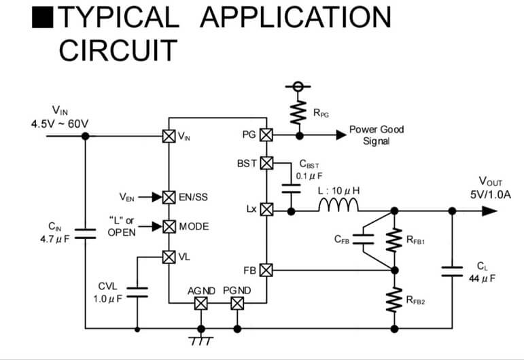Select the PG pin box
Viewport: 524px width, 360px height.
[x=266, y=135]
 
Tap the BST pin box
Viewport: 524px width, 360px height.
[x=266, y=163]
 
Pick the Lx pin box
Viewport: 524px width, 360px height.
[x=266, y=210]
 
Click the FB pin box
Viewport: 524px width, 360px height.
[x=266, y=270]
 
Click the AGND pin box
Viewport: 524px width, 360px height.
[x=200, y=304]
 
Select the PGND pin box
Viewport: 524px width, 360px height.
[x=237, y=304]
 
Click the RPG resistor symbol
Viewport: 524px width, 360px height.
[x=297, y=113]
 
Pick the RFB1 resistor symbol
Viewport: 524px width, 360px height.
[x=393, y=239]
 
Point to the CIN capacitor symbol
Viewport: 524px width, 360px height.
[x=85, y=234]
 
